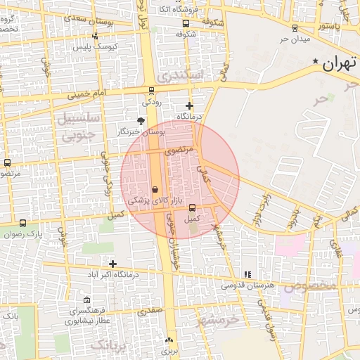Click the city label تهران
(x=340, y=65)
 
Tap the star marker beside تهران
(x=316, y=61)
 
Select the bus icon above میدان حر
(x=294, y=28)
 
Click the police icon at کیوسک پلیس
(x=95, y=36)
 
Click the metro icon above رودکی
(x=151, y=90)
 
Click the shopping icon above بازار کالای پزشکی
(x=155, y=189)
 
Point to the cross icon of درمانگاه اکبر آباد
(x=112, y=264)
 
